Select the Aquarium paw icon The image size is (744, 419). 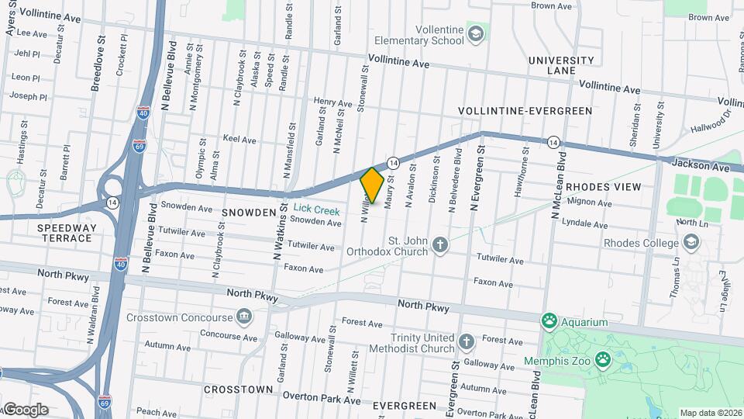(550, 321)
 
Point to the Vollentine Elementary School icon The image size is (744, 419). (475, 33)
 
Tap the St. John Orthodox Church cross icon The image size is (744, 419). (440, 246)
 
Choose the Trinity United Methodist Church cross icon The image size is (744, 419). (466, 342)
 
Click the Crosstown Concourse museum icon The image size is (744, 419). (244, 317)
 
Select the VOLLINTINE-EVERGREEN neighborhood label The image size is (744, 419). (525, 111)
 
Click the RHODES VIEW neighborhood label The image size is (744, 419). (603, 187)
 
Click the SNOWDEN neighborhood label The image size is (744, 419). (249, 212)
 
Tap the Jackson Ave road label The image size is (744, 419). (701, 166)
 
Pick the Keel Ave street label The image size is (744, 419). (239, 140)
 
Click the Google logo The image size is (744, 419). (26, 409)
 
